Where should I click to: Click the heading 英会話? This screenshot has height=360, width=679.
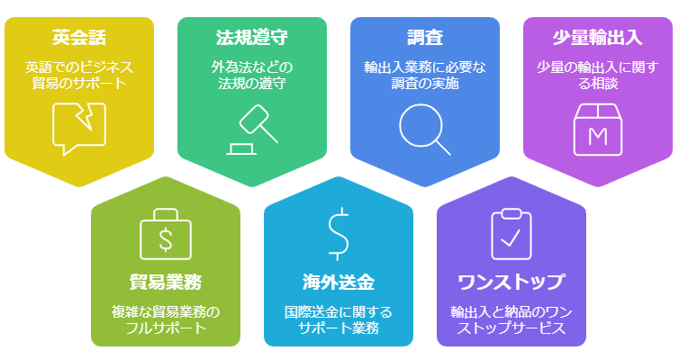pyautogui.click(x=79, y=37)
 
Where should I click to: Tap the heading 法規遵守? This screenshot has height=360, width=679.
pyautogui.click(x=252, y=37)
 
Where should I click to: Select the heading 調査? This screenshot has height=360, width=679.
pyautogui.click(x=425, y=37)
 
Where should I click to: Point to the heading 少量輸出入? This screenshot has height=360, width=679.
pyautogui.click(x=598, y=37)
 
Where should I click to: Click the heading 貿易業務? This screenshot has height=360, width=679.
pyautogui.click(x=166, y=282)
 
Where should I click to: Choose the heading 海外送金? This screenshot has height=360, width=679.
pyautogui.click(x=339, y=282)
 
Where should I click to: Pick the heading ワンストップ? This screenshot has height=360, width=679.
pyautogui.click(x=512, y=282)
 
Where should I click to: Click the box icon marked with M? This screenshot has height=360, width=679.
pyautogui.click(x=598, y=130)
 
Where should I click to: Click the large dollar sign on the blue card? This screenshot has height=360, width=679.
pyautogui.click(x=339, y=234)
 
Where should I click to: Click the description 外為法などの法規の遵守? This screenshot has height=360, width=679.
pyautogui.click(x=252, y=75)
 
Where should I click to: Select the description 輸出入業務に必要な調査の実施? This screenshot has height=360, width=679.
pyautogui.click(x=425, y=75)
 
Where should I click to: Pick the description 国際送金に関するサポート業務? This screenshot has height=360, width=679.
pyautogui.click(x=339, y=319)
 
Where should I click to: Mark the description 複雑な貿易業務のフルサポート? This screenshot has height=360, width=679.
pyautogui.click(x=166, y=319)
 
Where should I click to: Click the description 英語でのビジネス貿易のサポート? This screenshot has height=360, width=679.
pyautogui.click(x=79, y=75)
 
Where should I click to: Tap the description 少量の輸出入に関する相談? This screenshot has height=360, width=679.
pyautogui.click(x=598, y=75)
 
